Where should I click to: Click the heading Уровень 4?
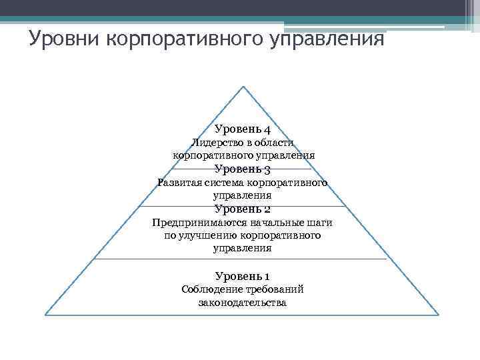(242, 129)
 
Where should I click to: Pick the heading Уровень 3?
(242, 169)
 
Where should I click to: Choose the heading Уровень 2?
(242, 209)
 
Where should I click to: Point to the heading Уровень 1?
(242, 275)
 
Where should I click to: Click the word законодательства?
(242, 303)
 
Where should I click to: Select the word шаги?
(320, 222)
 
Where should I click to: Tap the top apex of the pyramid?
(243, 86)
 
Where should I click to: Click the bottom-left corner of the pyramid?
(45, 313)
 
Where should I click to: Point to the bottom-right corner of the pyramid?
(441, 313)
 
